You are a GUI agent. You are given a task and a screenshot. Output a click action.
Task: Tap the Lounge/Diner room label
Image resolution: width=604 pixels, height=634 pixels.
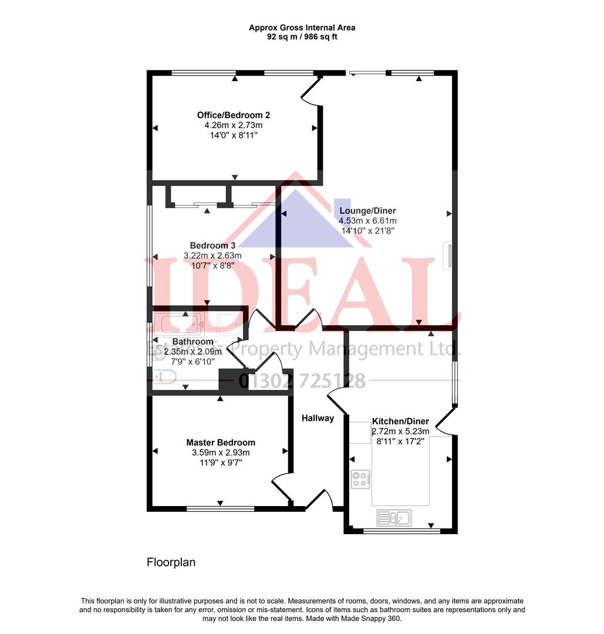pyautogui.click(x=367, y=211)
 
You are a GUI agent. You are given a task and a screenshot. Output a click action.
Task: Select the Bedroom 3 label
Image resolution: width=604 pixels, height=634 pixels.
pyautogui.click(x=212, y=245)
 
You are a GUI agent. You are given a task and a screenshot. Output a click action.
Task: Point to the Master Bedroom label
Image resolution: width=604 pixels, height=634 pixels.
pyautogui.click(x=221, y=442)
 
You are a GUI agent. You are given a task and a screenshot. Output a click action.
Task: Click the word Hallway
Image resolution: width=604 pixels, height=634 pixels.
pyautogui.click(x=318, y=418)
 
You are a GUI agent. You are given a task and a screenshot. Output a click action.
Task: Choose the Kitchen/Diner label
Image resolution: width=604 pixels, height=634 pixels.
pyautogui.click(x=400, y=421)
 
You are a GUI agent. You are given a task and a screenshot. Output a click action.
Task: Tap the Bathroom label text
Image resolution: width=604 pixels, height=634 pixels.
pyautogui.click(x=193, y=342)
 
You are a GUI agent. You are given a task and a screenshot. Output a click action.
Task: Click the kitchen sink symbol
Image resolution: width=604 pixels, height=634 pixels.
pyautogui.click(x=394, y=518)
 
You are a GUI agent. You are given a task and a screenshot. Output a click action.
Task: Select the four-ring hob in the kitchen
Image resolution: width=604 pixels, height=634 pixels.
pyautogui.click(x=360, y=480)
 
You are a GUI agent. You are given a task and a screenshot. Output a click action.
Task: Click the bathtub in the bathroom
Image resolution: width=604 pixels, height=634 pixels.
pyautogui.click(x=179, y=324)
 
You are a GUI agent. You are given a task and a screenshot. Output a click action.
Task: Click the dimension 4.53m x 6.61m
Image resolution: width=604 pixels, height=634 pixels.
pyautogui.click(x=367, y=221)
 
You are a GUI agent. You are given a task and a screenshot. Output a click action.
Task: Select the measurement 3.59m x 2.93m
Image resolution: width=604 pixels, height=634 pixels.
pyautogui.click(x=221, y=453)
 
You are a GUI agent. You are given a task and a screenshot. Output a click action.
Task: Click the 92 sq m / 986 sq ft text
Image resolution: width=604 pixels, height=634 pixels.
pyautogui.click(x=302, y=37)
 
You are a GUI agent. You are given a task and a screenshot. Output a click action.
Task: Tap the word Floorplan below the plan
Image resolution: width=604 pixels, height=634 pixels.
pyautogui.click(x=171, y=562)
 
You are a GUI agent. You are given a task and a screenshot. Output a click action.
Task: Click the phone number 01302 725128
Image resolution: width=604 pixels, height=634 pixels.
pyautogui.click(x=302, y=381)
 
